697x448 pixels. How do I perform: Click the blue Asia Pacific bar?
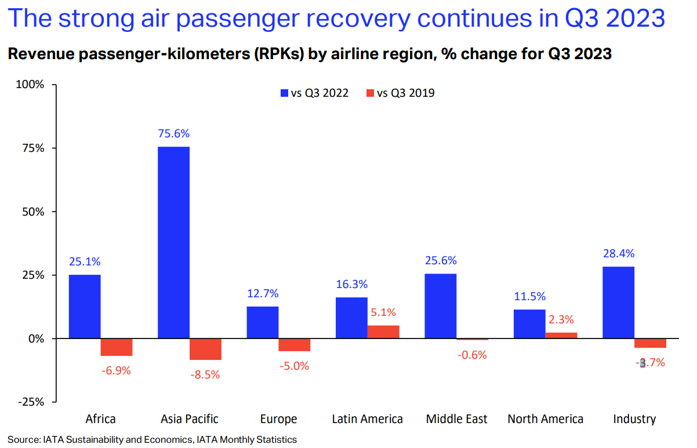(x=173, y=242)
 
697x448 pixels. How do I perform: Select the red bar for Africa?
(x=117, y=347)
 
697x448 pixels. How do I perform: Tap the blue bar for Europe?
(x=262, y=322)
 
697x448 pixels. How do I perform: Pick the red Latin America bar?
(x=383, y=332)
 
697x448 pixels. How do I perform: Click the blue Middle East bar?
(x=440, y=306)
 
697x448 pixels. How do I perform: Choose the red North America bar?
(x=561, y=335)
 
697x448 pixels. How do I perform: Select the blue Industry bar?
(x=619, y=303)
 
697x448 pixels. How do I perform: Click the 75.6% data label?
(x=173, y=133)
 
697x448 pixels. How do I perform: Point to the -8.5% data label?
(x=205, y=374)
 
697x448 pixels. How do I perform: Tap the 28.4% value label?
(x=619, y=253)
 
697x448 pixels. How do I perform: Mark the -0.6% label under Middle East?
(x=471, y=355)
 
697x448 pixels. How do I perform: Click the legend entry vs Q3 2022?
(x=314, y=93)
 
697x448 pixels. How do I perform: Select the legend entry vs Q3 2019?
(x=400, y=93)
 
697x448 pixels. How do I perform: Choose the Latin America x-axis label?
(x=367, y=419)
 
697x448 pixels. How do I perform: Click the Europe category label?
(x=279, y=419)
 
